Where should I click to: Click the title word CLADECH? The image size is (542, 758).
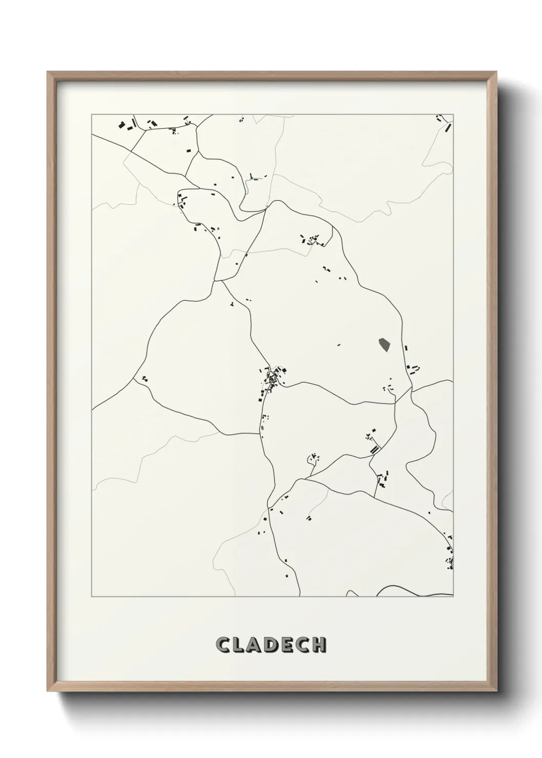coord(271,645)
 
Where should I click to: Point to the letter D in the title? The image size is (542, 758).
coord(270,645)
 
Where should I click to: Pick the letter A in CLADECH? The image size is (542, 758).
coord(254,645)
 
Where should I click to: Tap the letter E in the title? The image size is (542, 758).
coord(287,645)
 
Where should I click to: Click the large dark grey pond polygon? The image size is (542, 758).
coord(383,346)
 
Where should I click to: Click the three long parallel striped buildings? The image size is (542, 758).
coord(376,449)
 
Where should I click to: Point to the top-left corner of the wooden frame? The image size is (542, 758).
coord(48,72)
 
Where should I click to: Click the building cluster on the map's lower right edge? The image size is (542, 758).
coord(450,556)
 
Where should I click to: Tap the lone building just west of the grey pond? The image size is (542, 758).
coord(339,345)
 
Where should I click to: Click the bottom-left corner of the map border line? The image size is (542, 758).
coord(92,597)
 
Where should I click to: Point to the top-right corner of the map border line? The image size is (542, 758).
coord(453,114)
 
